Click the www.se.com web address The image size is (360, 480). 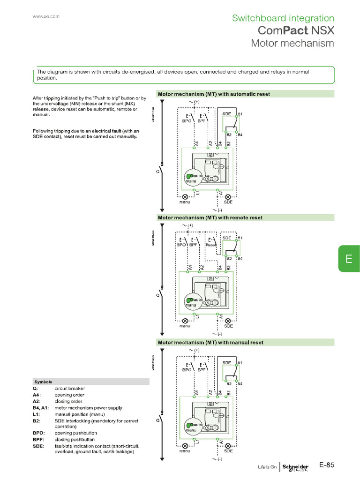[45, 16]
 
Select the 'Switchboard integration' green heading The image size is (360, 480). [283, 18]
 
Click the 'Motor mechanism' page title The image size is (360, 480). [292, 43]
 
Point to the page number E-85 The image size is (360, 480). [327, 465]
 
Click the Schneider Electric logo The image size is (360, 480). [295, 467]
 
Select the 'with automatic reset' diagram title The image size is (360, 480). [214, 94]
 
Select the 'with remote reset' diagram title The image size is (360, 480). [210, 217]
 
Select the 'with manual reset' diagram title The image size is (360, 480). [210, 342]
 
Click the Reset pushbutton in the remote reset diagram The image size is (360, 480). [210, 244]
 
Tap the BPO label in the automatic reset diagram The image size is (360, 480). [187, 120]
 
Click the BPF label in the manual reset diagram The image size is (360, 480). [202, 369]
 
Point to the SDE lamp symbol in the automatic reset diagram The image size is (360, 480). [228, 197]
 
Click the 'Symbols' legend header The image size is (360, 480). [43, 382]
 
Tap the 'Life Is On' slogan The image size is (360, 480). [267, 467]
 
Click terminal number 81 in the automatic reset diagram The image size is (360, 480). [240, 113]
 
